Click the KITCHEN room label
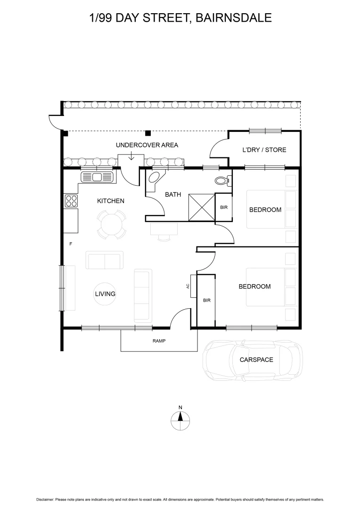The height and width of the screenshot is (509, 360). (111, 201)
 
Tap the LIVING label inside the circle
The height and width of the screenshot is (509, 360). (105, 294)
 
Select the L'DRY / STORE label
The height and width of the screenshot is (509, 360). (264, 150)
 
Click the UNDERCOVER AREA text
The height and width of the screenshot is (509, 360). (147, 145)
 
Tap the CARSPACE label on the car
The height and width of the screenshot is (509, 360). (256, 360)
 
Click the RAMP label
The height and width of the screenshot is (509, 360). (159, 340)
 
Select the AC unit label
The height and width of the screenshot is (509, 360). (188, 286)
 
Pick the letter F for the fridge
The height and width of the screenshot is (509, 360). (71, 244)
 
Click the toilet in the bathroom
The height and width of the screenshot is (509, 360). (221, 180)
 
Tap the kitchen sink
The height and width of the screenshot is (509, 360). (98, 177)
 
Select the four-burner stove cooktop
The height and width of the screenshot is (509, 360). (71, 201)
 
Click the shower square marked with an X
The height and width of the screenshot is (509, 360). (201, 206)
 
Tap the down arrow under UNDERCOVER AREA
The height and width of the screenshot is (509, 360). (131, 156)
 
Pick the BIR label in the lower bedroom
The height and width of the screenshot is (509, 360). (206, 300)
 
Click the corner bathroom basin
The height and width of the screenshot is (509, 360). (155, 178)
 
